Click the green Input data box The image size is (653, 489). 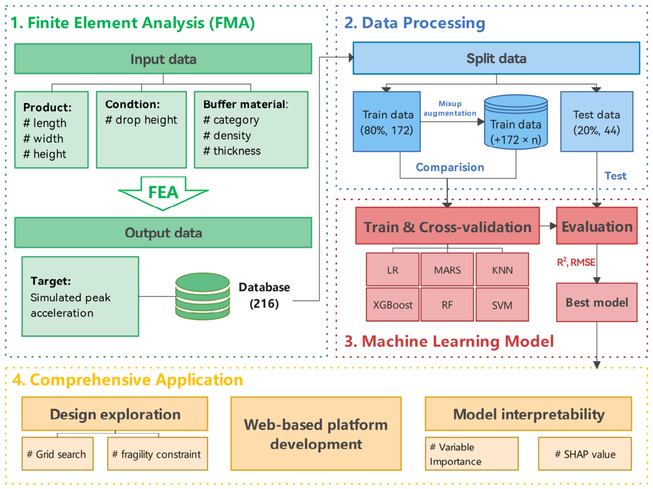pos(163,59)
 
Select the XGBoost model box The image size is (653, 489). pos(392,305)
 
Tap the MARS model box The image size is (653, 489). pos(447,269)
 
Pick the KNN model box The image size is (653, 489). pos(502,269)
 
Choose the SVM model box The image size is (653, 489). pos(502,305)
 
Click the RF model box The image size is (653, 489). pos(447,305)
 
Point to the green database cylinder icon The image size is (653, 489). pos(202,296)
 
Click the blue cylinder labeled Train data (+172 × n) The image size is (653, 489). pos(516,122)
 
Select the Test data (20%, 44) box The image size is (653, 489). pos(597,122)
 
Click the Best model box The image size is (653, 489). pos(597,303)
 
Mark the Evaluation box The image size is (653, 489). pos(597,226)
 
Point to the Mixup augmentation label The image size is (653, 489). pos(449,108)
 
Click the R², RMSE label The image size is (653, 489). pos(576,262)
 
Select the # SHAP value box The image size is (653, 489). pos(585,454)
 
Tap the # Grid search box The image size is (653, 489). pos(58,454)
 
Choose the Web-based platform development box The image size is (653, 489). pos(316,434)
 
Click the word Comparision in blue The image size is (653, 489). pos(450,167)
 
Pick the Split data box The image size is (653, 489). pos(496,58)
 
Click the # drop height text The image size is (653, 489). pos(141,120)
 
